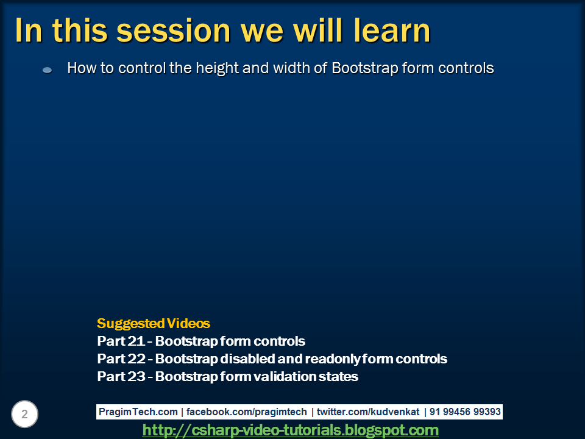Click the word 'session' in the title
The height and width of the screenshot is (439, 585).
point(174,30)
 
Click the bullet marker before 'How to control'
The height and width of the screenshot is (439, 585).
point(47,70)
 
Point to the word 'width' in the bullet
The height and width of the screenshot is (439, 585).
point(291,68)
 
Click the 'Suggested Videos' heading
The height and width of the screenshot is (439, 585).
point(154,323)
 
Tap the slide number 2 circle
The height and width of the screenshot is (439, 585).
point(24,414)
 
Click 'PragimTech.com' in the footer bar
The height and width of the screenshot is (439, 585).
point(138,412)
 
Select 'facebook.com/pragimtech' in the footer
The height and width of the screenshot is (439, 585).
point(246,412)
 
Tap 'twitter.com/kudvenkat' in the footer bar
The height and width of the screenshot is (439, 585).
point(368,412)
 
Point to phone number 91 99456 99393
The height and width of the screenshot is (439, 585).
point(465,412)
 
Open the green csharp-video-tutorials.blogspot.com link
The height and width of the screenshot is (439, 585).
point(290,430)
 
